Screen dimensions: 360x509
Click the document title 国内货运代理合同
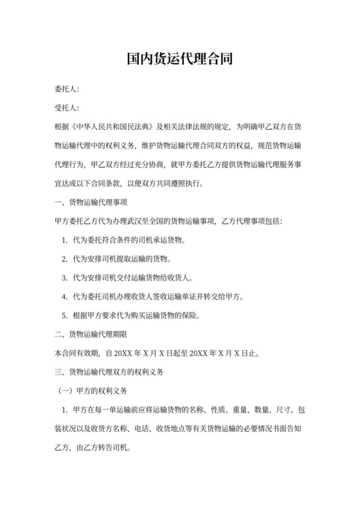pos(179,60)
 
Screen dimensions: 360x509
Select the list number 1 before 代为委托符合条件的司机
pos(65,240)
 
